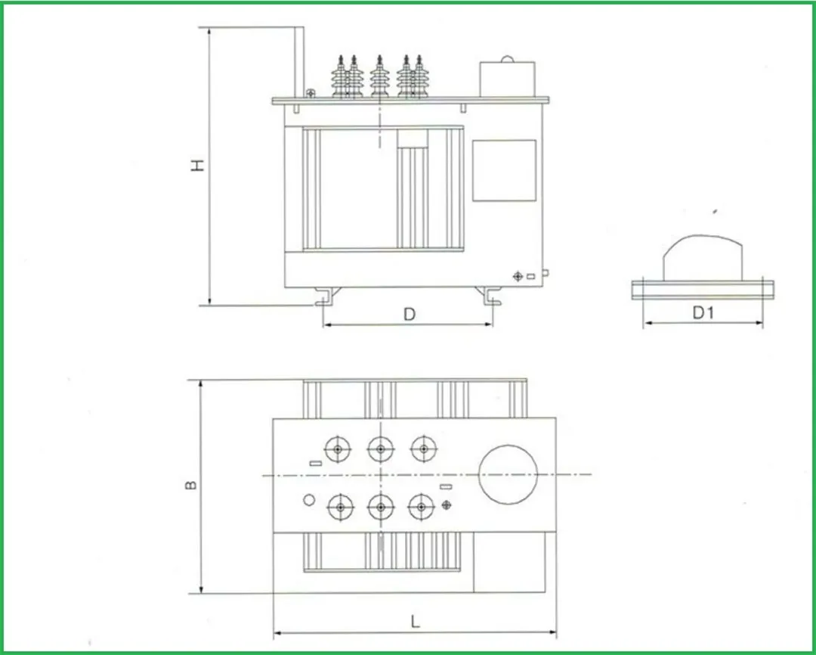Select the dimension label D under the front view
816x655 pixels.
point(409,315)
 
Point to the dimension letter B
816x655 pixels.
point(192,484)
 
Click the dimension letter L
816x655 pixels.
point(415,621)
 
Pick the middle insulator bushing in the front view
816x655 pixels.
point(379,77)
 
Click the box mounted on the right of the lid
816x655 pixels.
point(508,78)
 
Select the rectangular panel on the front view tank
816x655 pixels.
point(504,170)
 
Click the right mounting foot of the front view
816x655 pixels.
point(491,296)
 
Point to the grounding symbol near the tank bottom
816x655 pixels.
point(518,276)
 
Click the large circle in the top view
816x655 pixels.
point(508,474)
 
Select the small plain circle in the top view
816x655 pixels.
point(308,500)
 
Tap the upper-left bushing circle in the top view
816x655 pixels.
point(338,449)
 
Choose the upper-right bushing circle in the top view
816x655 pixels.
point(424,449)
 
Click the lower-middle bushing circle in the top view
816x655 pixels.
point(382,507)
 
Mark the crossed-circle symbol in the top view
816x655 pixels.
point(447,504)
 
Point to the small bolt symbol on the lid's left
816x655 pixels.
point(311,93)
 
